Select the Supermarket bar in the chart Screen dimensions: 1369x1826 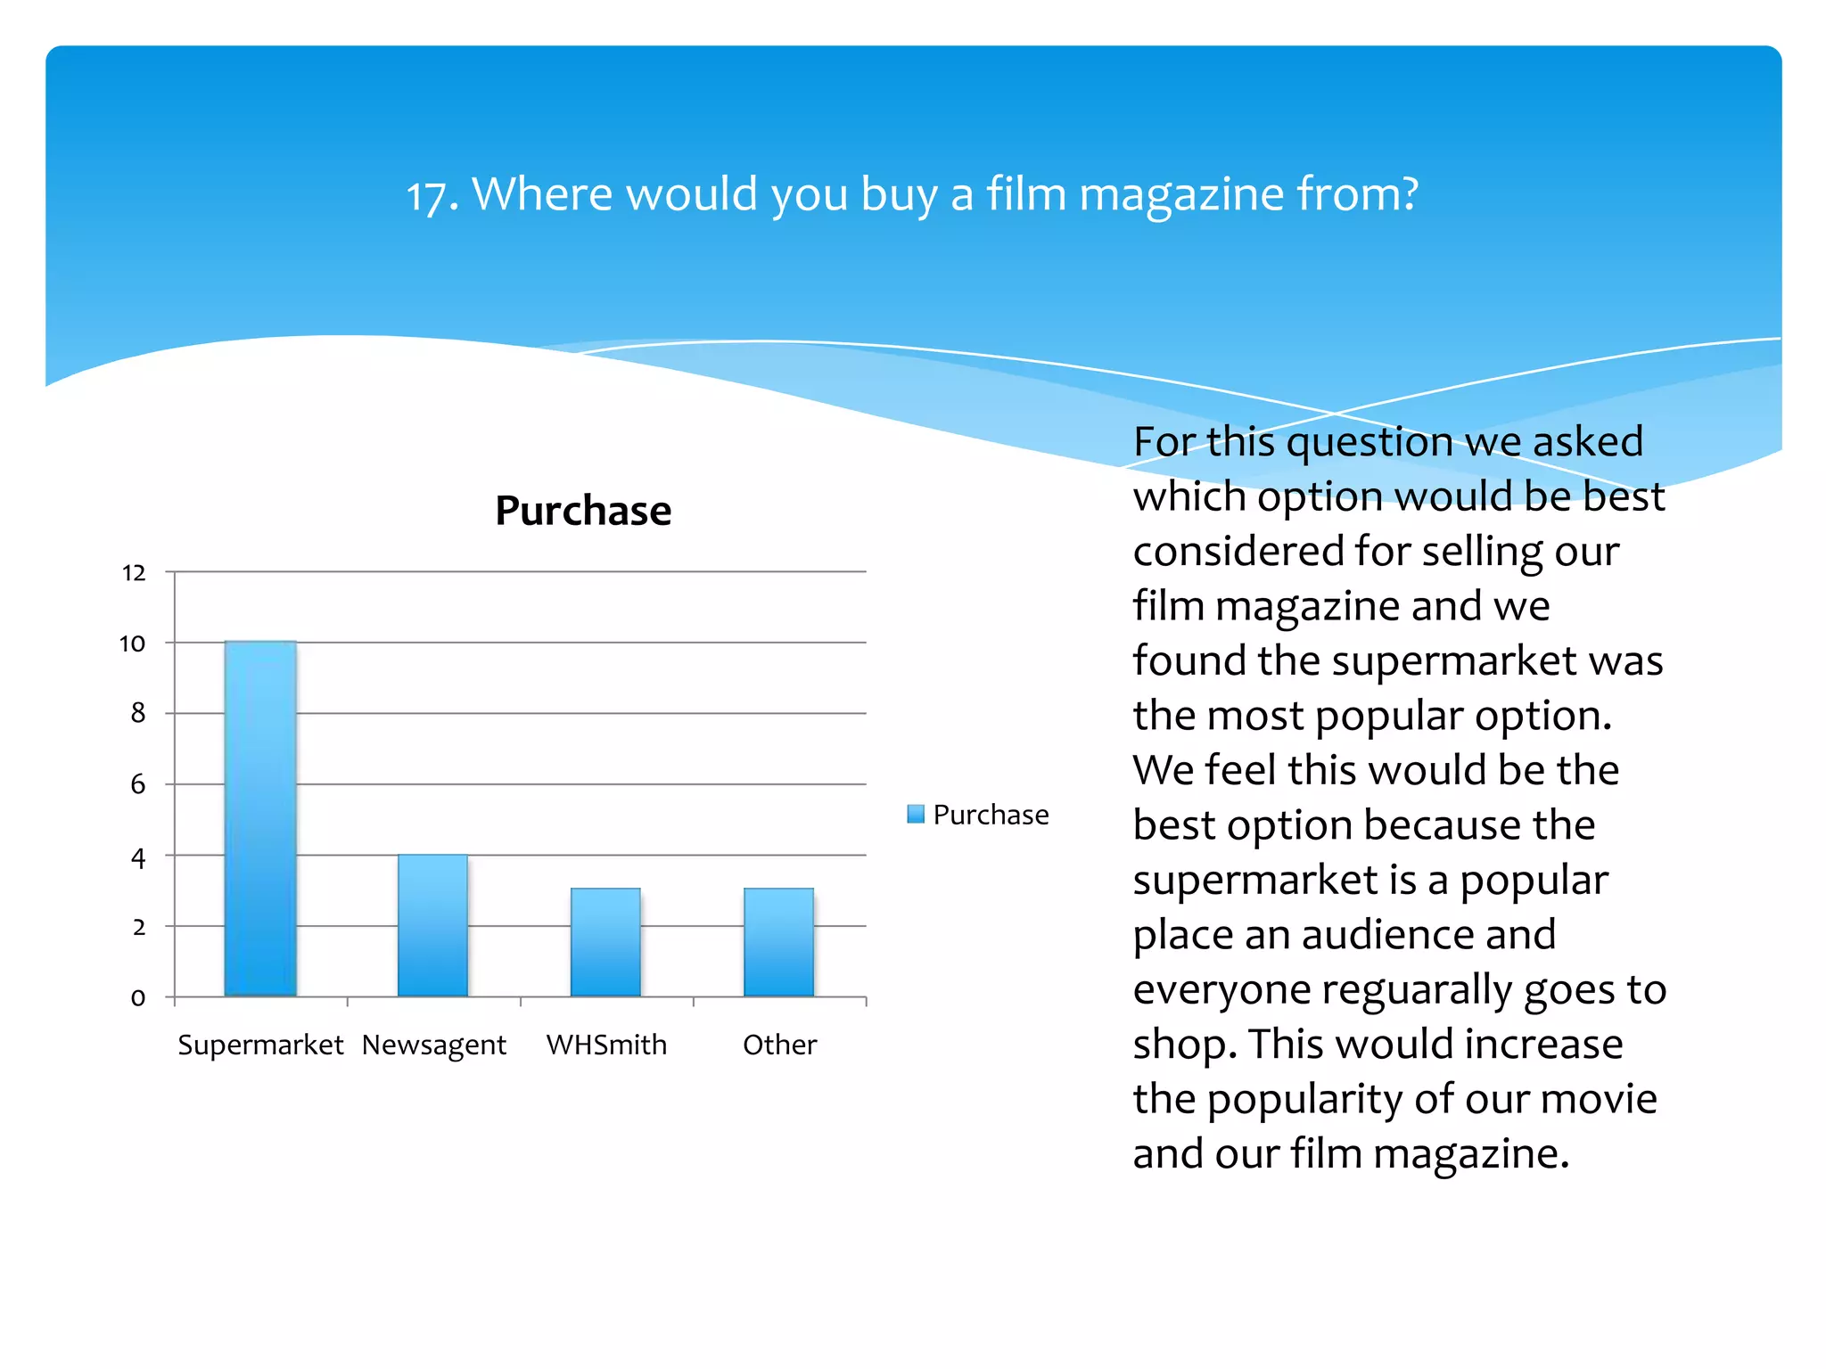260,818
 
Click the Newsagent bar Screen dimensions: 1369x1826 432,925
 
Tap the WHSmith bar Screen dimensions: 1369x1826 605,942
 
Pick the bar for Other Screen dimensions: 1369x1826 778,942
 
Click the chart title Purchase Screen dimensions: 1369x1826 583,511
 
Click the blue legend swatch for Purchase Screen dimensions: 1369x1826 916,814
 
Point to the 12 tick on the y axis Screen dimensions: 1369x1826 134,572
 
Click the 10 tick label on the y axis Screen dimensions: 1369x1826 133,644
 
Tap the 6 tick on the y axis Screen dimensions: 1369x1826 138,784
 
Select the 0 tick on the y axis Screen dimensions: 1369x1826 138,997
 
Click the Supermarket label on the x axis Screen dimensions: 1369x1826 260,1045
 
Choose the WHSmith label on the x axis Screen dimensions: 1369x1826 606,1045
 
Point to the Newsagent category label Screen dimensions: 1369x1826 434,1045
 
